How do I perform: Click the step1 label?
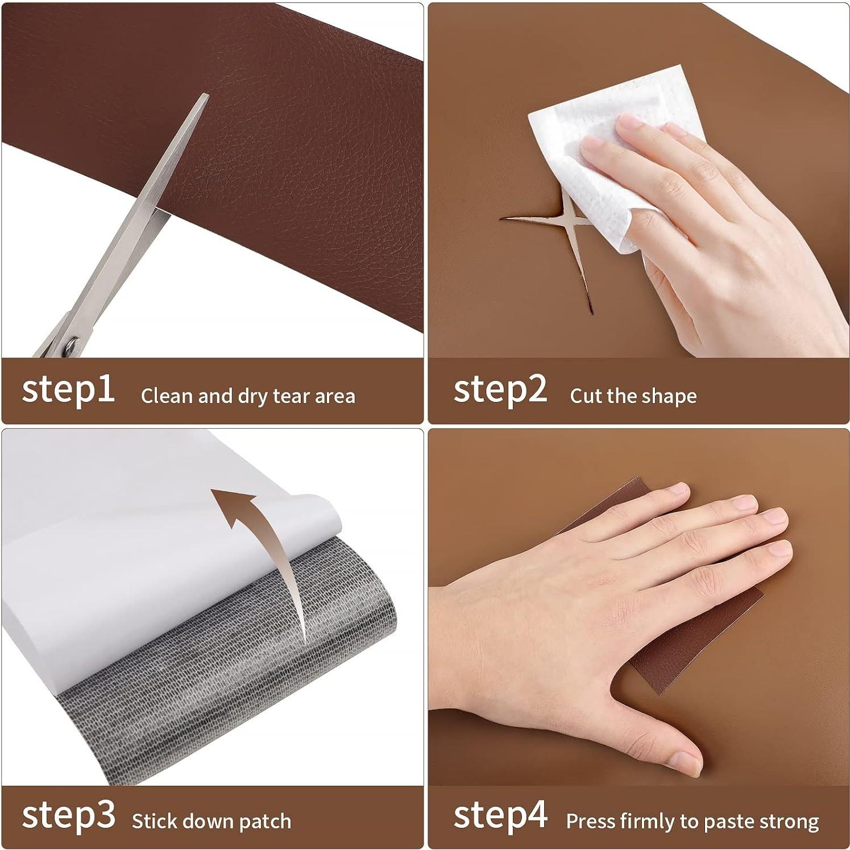pos(68,390)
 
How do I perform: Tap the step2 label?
pos(500,390)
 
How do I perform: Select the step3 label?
pos(68,816)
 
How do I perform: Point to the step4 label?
pos(500,816)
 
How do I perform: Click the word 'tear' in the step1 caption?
pos(291,396)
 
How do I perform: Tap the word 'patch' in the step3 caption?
pos(265,822)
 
